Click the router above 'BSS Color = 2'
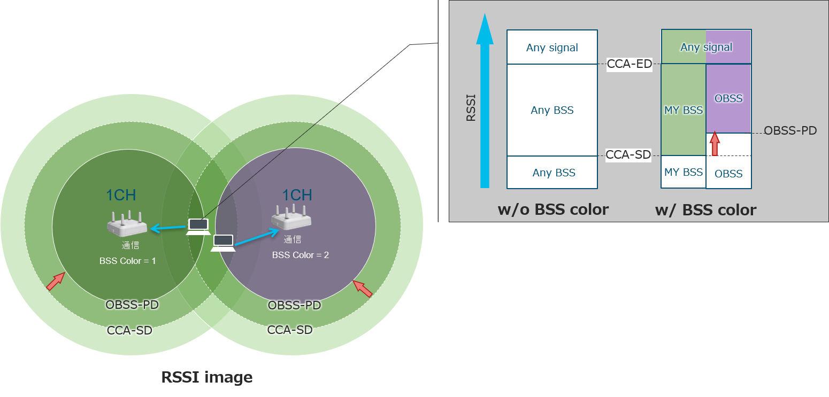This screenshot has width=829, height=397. coord(291,218)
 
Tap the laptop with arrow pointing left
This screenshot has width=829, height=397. coord(198,227)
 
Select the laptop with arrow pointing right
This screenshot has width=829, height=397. coord(223,243)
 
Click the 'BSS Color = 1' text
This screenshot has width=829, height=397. coord(127,261)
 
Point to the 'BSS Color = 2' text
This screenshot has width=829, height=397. coord(301,255)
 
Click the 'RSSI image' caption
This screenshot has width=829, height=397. coord(207,378)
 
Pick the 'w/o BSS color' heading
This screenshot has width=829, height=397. coord(553,209)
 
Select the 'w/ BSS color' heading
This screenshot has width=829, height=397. coord(705,210)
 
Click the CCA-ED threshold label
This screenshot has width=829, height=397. coord(630,65)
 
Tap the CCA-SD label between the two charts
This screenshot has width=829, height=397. coord(628,155)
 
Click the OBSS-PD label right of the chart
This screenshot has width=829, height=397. coord(790,130)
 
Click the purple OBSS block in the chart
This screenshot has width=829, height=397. coord(728,98)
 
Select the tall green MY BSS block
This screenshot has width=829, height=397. coord(683,110)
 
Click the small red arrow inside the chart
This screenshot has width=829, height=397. coord(715,144)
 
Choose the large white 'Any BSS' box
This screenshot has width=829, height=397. coord(552,110)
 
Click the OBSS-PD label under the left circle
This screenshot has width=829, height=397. coord(132,305)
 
